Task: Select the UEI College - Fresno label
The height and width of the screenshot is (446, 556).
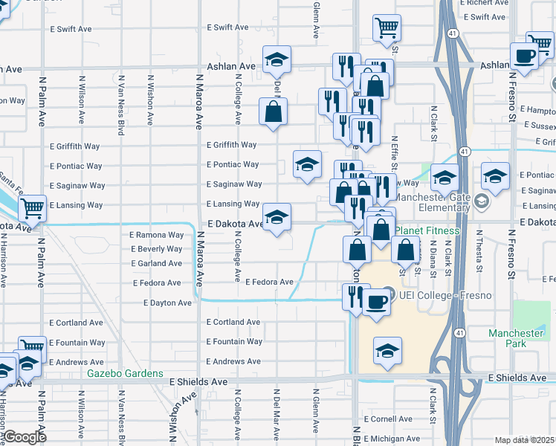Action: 434,296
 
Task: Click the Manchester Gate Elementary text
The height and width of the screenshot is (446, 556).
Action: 431,202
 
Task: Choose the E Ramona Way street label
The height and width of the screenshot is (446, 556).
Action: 156,235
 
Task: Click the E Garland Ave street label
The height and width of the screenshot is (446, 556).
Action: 156,263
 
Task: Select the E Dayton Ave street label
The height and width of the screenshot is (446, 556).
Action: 167,303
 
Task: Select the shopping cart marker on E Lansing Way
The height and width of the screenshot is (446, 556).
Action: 32,208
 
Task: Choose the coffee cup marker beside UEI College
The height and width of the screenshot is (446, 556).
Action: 377,303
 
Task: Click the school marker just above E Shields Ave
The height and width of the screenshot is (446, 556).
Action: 387,352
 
